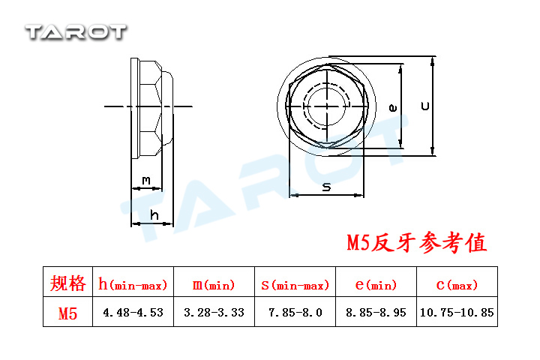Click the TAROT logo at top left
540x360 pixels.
(x=76, y=32)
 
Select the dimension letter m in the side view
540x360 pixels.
(x=146, y=180)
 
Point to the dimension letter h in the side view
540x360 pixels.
(x=154, y=215)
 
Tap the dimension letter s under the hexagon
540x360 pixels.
(x=326, y=187)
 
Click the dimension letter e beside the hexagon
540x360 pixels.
(x=392, y=108)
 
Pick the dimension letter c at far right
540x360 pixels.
(x=426, y=106)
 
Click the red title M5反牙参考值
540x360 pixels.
(x=417, y=242)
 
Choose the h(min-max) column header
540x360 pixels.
(x=133, y=284)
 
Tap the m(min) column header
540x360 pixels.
(x=214, y=285)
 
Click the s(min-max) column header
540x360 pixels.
(x=295, y=285)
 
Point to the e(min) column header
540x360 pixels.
(x=376, y=285)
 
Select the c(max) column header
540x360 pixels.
(x=457, y=285)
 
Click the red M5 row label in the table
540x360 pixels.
(x=67, y=313)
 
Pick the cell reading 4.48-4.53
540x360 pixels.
(x=133, y=313)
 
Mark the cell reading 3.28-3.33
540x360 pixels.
(x=214, y=313)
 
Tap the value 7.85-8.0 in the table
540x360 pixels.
(x=295, y=313)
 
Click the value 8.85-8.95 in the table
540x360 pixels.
(x=376, y=313)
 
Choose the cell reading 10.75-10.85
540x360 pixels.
(x=457, y=313)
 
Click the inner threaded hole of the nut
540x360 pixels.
(x=327, y=106)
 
